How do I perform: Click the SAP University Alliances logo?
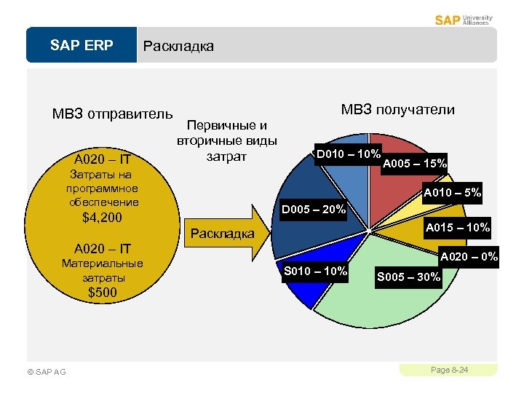464,20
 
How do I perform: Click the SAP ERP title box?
82,46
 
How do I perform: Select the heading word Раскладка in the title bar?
179,47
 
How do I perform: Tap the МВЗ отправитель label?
112,114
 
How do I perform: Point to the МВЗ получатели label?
397,110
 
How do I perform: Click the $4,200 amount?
103,218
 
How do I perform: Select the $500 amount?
103,293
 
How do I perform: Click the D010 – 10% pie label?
347,154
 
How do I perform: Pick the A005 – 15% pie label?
414,163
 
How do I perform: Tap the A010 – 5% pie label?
452,194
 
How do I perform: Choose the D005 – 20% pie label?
313,210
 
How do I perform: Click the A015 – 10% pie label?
458,228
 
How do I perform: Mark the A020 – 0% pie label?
467,257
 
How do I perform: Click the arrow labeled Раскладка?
226,233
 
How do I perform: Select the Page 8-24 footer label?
449,370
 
